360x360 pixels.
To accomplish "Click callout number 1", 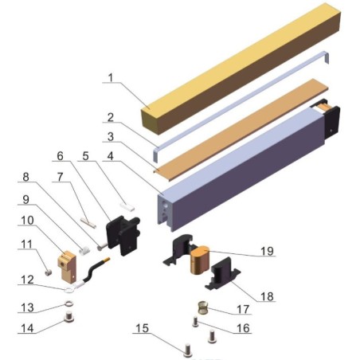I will [x=112, y=79].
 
